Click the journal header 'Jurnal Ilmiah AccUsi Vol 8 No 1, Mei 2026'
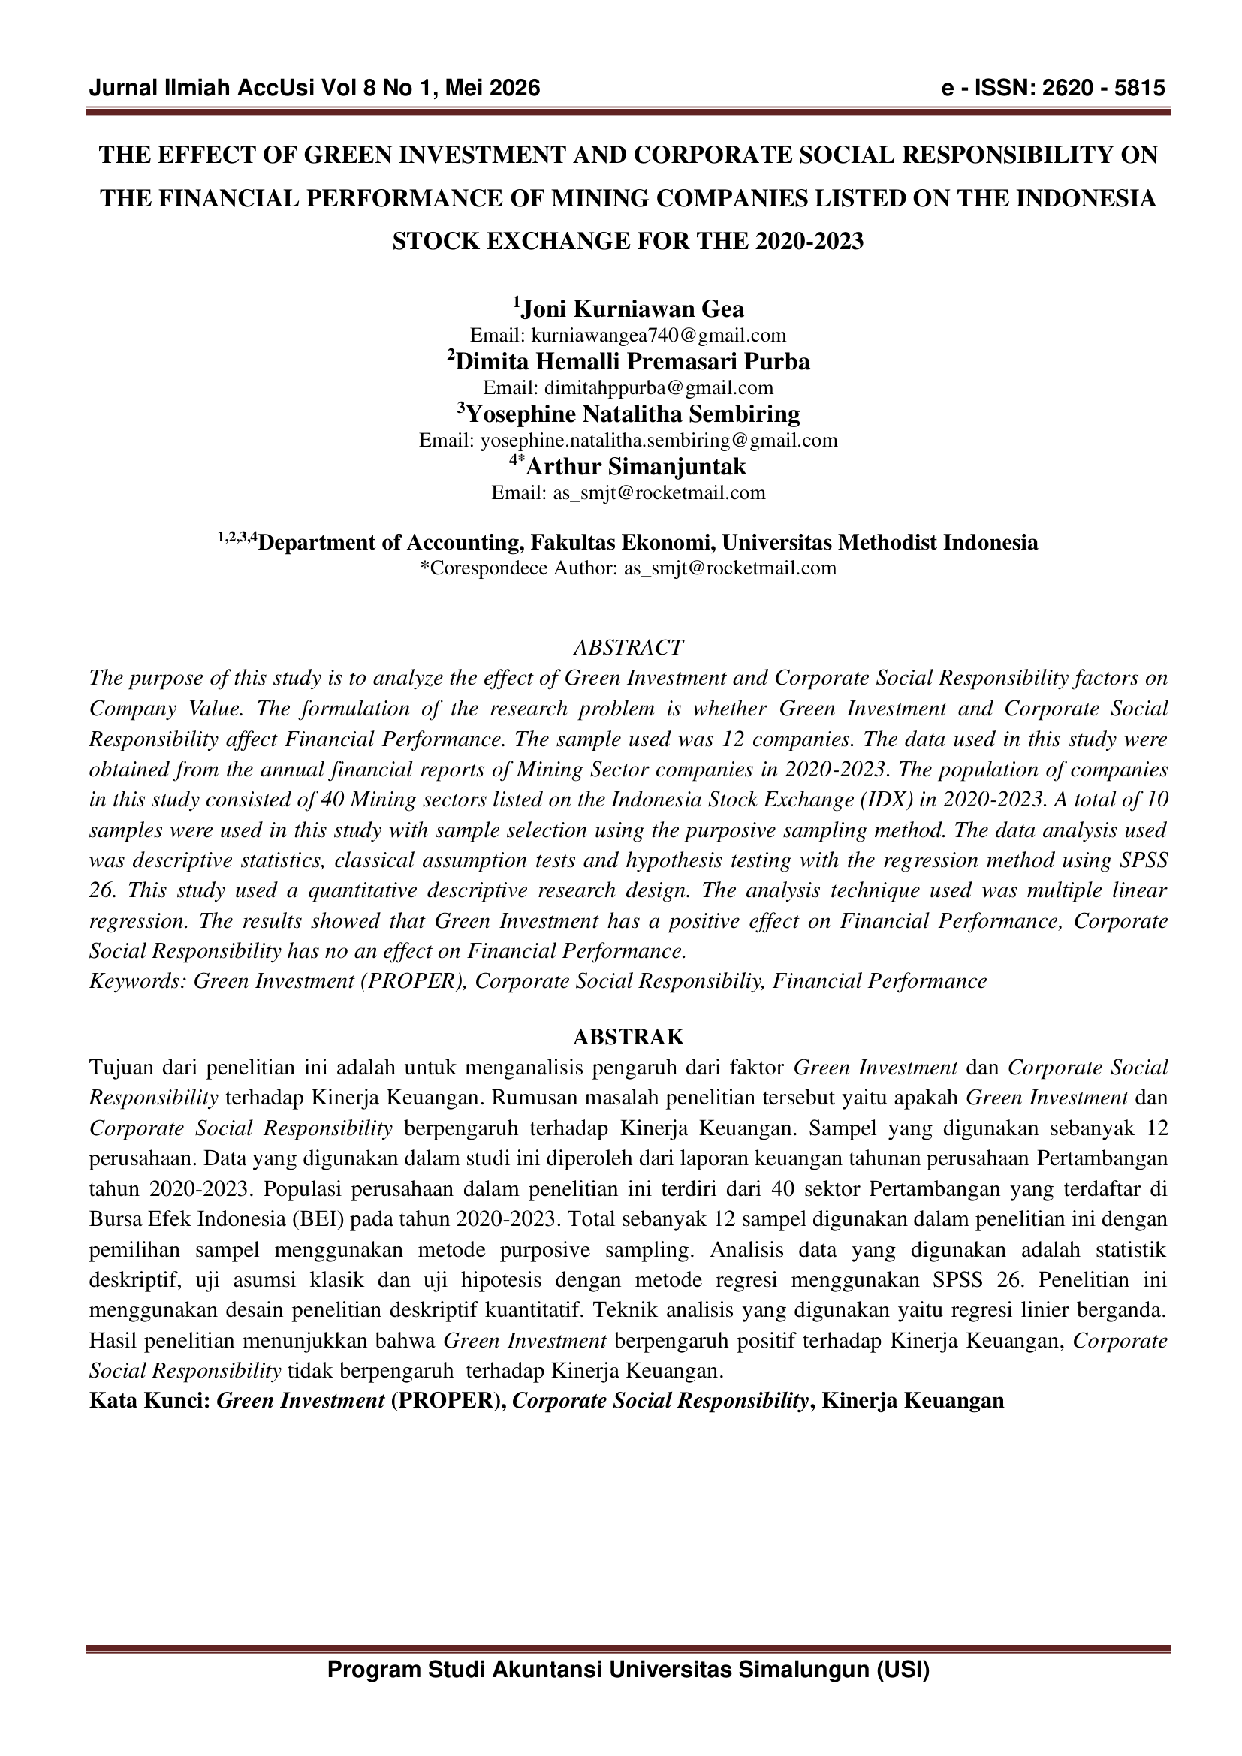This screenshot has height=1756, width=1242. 315,89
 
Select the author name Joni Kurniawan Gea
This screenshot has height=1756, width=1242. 632,309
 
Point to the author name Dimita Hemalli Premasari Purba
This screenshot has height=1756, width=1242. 632,361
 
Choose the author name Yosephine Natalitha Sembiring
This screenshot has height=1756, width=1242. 632,414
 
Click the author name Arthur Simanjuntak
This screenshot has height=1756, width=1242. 635,466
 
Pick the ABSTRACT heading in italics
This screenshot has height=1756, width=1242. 628,648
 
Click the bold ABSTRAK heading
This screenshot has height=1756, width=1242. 628,1037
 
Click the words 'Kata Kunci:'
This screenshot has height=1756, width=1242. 150,1401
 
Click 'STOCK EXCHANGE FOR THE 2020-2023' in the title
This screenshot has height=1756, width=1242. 628,242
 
